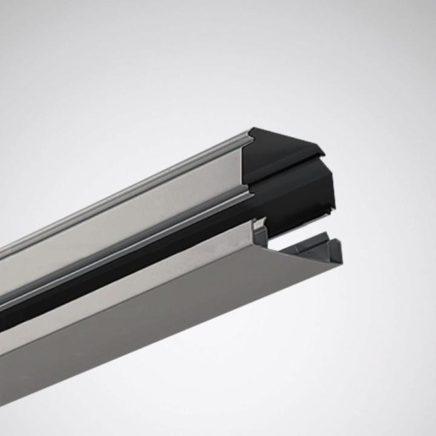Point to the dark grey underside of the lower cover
point(151,339)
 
